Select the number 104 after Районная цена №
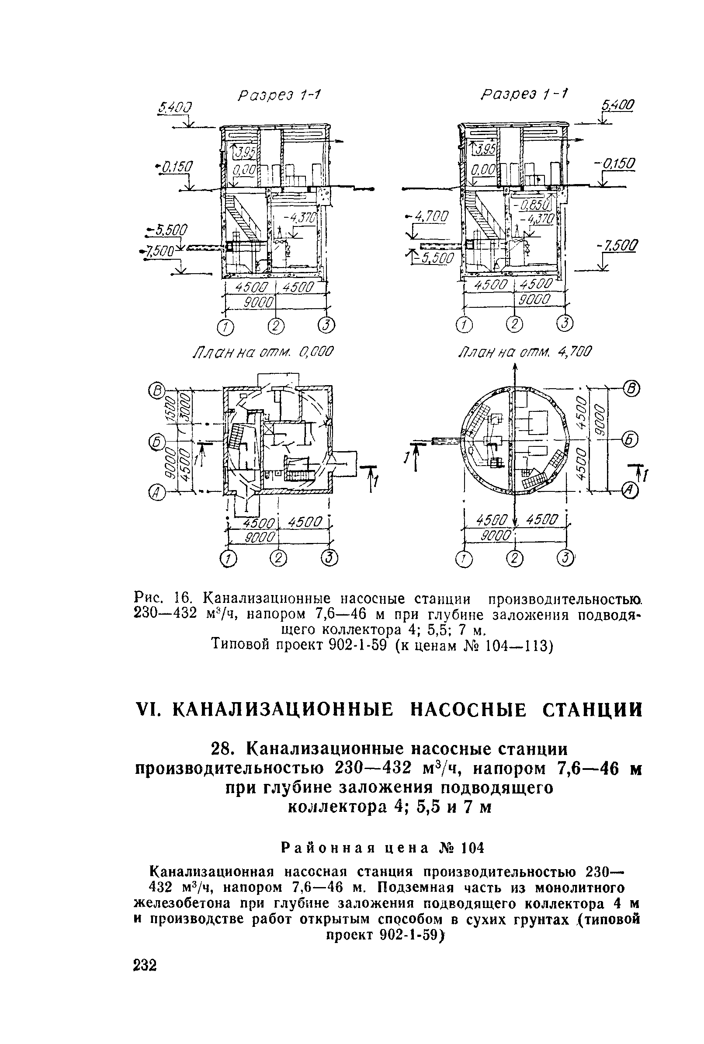[472, 848]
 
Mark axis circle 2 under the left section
[276, 326]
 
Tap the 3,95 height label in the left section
[244, 153]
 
